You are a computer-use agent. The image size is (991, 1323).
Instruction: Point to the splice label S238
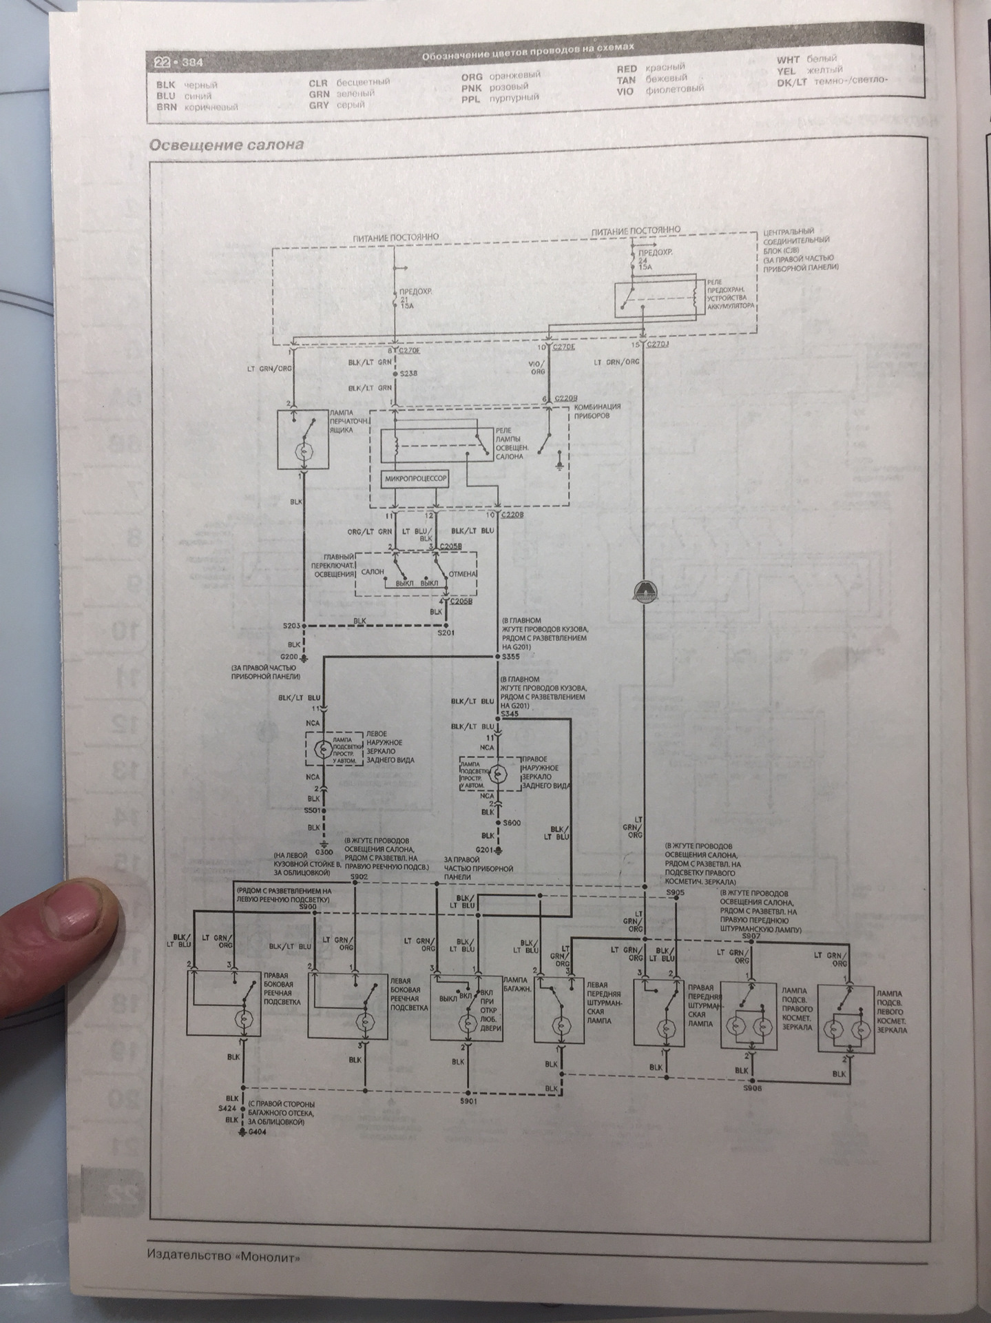click(x=408, y=373)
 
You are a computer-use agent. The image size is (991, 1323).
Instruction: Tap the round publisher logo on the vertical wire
click(x=643, y=588)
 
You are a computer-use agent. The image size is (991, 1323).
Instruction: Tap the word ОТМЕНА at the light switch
click(x=462, y=573)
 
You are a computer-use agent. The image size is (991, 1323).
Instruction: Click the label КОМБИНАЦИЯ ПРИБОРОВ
click(x=596, y=412)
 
